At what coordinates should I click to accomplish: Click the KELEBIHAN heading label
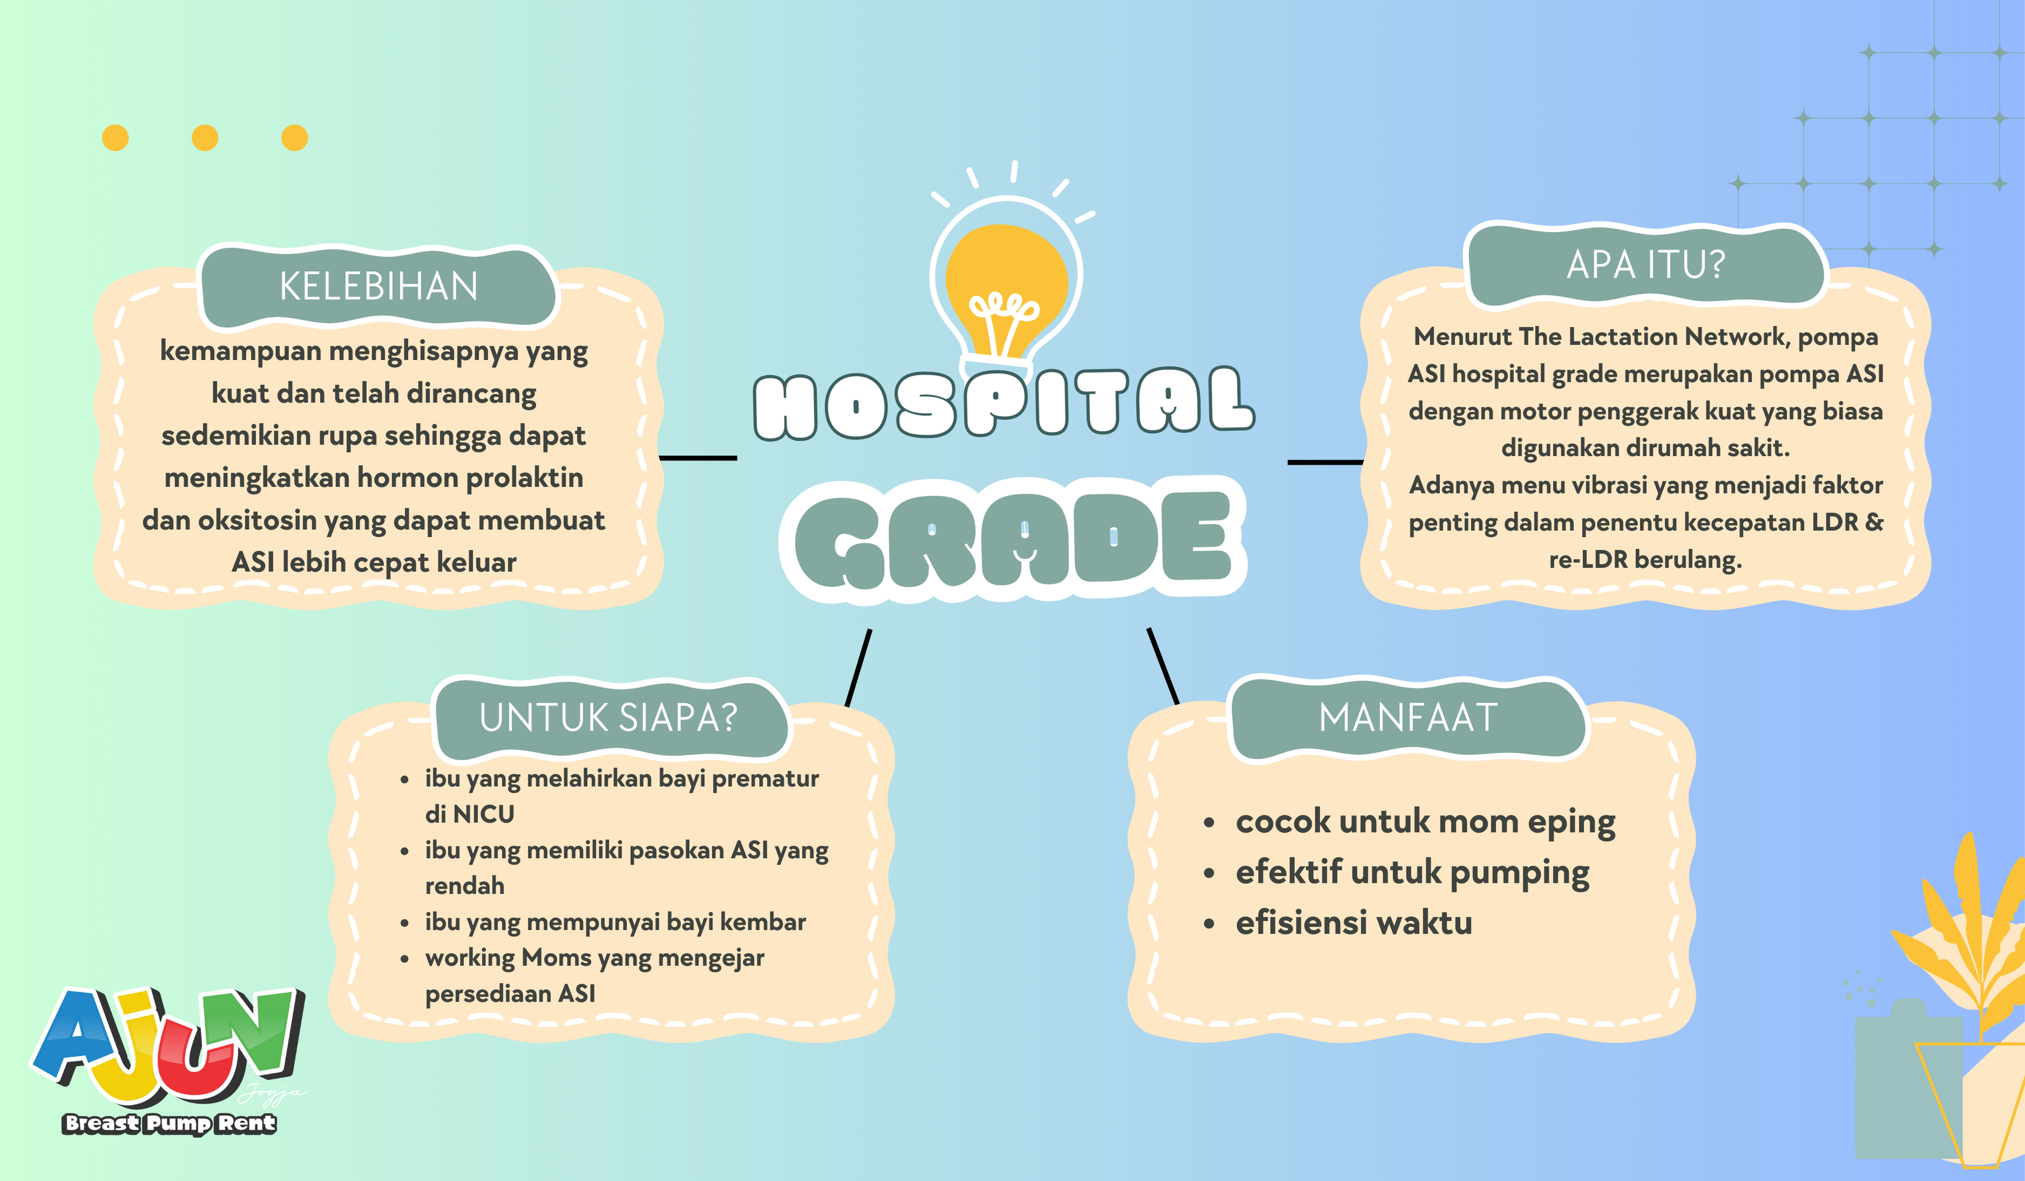point(379,286)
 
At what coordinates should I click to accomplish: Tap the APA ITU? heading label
point(1646,264)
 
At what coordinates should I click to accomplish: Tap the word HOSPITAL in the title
point(1004,404)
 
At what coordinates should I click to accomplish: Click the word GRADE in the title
point(1013,538)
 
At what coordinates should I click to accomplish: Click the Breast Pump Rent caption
point(170,1123)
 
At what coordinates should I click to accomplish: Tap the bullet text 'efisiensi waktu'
point(1354,922)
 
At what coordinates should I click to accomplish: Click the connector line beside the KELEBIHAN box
point(698,458)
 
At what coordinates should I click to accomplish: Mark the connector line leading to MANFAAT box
point(1163,666)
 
